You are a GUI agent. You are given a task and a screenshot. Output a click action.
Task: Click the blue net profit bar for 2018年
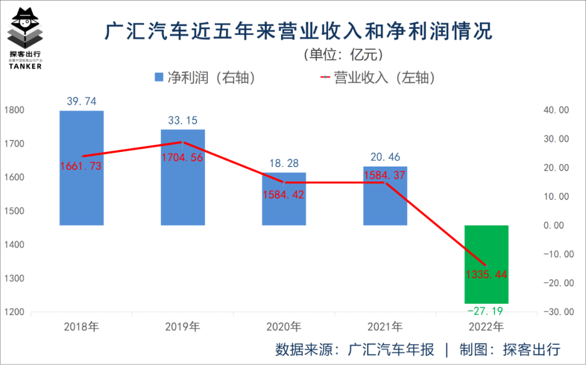click(81, 190)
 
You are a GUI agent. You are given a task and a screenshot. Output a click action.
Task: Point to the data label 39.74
click(81, 101)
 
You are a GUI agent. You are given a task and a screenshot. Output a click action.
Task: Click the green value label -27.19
click(486, 311)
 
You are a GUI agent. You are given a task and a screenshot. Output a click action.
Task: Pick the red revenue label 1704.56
click(182, 157)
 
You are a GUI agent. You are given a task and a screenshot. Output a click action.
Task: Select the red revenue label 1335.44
click(486, 274)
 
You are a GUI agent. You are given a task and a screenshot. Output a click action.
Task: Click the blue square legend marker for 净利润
click(158, 77)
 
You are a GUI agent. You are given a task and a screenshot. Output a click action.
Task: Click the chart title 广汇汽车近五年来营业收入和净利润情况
click(298, 31)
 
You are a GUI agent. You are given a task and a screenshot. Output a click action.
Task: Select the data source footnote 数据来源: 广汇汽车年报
click(355, 349)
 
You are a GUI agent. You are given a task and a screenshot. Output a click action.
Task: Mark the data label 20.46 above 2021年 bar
click(385, 157)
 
